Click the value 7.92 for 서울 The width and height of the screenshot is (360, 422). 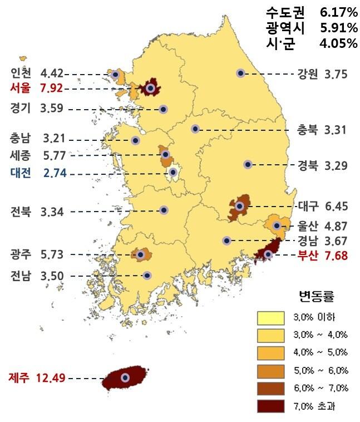[51, 88]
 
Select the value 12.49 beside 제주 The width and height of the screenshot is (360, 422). [51, 378]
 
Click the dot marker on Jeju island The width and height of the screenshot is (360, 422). [125, 378]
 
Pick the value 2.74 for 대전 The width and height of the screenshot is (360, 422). [55, 173]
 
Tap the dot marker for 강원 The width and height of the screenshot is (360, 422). [240, 73]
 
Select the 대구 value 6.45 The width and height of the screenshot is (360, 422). [336, 207]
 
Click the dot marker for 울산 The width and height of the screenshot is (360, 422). [277, 225]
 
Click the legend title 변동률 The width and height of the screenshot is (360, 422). [317, 295]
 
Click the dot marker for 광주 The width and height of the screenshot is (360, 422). [141, 255]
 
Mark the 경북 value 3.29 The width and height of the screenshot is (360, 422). [336, 165]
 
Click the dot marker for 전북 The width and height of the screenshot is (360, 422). [164, 210]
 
